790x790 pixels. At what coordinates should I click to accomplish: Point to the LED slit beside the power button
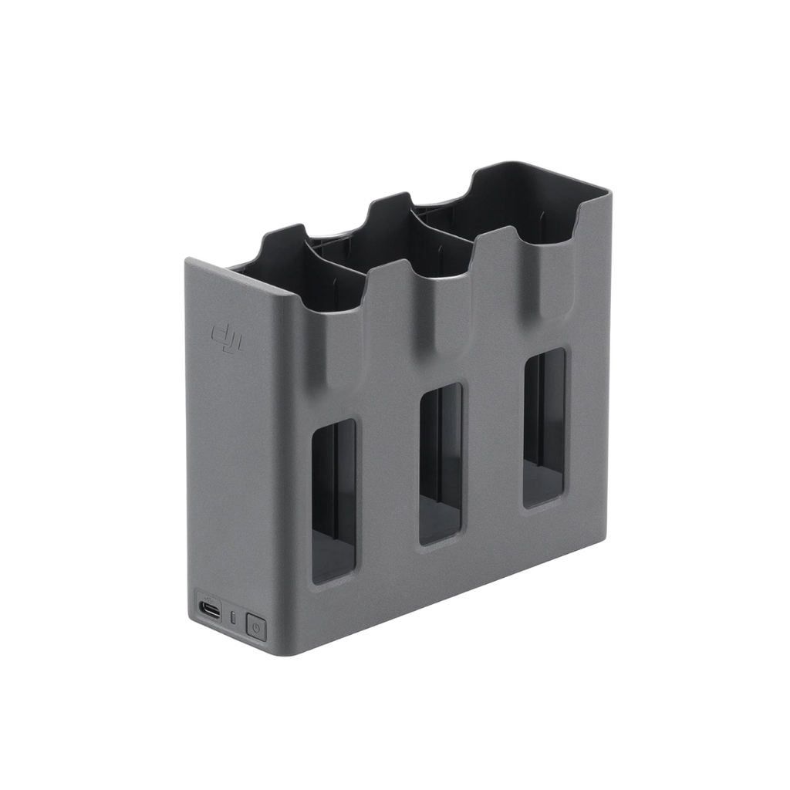[x=234, y=618]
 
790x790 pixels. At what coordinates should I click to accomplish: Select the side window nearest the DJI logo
[x=333, y=501]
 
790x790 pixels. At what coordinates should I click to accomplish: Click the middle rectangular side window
[x=440, y=462]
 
